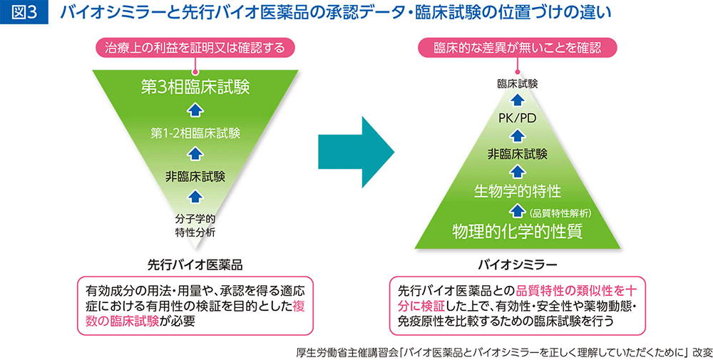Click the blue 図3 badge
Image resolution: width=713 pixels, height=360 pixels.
click(24, 13)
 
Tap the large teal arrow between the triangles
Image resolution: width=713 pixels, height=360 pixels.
click(356, 152)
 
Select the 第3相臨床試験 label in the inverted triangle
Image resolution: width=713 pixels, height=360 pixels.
click(195, 87)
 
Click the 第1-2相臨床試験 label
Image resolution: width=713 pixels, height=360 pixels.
click(195, 133)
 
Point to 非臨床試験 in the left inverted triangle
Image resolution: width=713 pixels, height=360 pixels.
click(195, 176)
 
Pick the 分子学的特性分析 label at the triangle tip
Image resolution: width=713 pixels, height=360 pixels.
click(195, 225)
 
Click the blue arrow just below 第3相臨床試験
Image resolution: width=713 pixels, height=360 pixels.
click(195, 110)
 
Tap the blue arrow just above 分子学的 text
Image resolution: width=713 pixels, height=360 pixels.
click(195, 197)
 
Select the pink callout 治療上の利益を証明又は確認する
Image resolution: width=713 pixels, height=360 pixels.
click(195, 47)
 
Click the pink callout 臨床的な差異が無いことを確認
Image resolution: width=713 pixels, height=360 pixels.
click(518, 47)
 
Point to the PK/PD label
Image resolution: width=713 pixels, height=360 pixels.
click(518, 118)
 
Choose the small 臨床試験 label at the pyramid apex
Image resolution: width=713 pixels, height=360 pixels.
click(518, 83)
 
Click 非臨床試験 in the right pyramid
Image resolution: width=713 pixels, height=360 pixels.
click(518, 154)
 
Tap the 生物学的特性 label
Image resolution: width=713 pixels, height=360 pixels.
click(518, 191)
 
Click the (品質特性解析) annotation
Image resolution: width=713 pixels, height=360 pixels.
click(560, 211)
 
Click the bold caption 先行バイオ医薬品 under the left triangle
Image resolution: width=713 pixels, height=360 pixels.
click(195, 264)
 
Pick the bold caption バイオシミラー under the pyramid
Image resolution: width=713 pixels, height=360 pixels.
click(518, 264)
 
